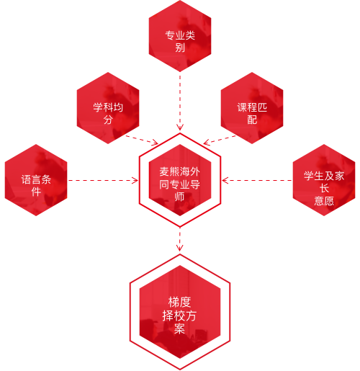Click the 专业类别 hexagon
coord(180,36)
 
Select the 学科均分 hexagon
coord(108,108)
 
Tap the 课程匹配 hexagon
coord(252,108)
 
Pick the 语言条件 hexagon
coord(36,180)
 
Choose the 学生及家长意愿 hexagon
coord(324,180)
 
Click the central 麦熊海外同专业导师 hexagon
coord(180,180)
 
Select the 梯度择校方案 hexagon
coord(180,312)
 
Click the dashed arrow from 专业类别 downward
coord(180,103)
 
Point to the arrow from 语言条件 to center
coord(103,180)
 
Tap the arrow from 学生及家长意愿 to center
coord(257,180)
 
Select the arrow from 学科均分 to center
coord(142,140)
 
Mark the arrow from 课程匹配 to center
coord(220,140)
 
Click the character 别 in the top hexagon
coord(180,48)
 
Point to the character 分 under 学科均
coord(108,120)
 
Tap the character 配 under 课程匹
coord(252,120)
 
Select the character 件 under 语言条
coord(36,192)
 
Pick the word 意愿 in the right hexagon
coord(324,200)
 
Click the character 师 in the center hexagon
coord(180,197)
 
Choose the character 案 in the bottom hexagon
coord(180,328)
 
